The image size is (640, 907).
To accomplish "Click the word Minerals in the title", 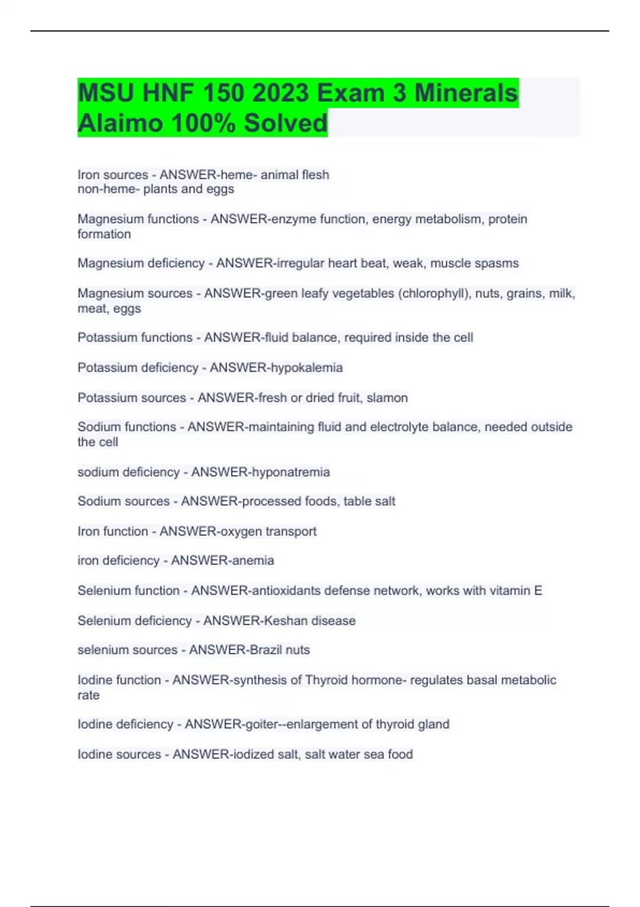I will click(466, 93).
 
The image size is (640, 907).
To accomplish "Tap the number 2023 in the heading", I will click(281, 93).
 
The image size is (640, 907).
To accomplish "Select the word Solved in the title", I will click(285, 123).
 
